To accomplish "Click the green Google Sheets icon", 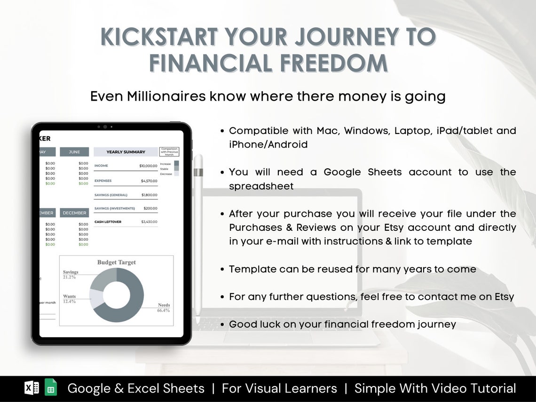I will pos(51,387).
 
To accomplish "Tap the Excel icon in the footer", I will pos(32,387).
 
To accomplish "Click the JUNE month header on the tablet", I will pos(74,152).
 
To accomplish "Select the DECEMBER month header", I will pos(74,213).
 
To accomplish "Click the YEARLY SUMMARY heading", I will pos(126,152).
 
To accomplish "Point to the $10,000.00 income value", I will pos(148,166).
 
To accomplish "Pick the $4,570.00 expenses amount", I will pos(149,181).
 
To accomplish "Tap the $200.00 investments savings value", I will pos(150,208).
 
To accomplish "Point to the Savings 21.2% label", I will pos(71,275).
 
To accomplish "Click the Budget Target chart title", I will pos(116,262).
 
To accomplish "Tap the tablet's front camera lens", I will pos(105,126).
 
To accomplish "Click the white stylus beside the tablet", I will pos(198,235).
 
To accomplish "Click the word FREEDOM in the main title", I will pos(329,63).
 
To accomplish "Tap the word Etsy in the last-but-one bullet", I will pos(504,297).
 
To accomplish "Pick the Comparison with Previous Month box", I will pos(169,152).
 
